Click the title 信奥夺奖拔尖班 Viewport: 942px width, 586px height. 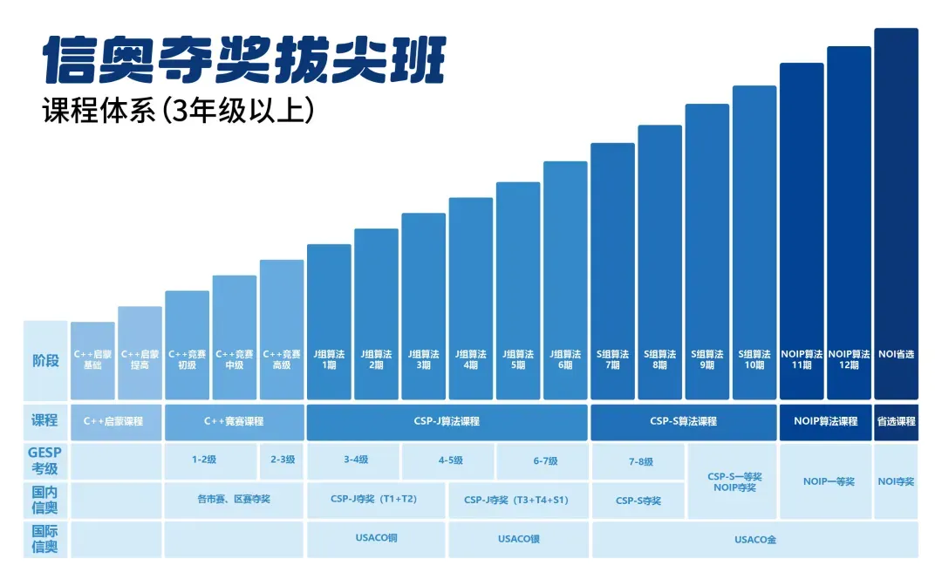click(x=243, y=58)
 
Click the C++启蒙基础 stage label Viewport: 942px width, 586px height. click(x=92, y=359)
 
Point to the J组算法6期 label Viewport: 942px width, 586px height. click(x=565, y=359)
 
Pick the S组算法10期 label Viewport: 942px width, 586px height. click(x=754, y=359)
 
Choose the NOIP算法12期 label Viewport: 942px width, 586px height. click(x=849, y=359)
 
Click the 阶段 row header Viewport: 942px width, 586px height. click(x=45, y=359)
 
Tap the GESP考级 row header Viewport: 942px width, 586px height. click(x=45, y=461)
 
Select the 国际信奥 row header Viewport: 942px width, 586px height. click(x=45, y=539)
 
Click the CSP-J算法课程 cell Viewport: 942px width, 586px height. click(x=447, y=421)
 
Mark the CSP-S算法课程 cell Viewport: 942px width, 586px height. click(x=683, y=421)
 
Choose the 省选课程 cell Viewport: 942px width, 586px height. click(x=896, y=421)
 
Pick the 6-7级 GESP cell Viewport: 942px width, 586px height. click(x=543, y=461)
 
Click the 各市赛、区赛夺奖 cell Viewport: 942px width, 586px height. click(x=234, y=500)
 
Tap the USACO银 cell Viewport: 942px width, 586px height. click(x=519, y=539)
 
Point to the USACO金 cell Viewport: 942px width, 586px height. click(x=754, y=539)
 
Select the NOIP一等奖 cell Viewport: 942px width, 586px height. click(x=825, y=480)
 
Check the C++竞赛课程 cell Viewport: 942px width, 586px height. click(x=234, y=421)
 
